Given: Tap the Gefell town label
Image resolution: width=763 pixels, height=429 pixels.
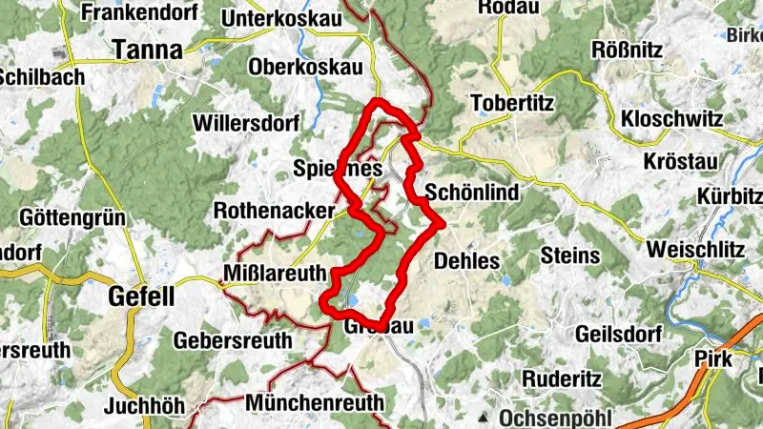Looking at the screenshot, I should tap(142, 296).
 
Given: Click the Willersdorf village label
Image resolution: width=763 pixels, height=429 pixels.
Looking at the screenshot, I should tap(246, 123).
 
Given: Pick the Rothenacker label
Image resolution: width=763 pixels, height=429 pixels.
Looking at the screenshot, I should tap(275, 209).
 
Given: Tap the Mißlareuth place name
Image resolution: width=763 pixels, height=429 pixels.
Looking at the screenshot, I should tap(276, 272).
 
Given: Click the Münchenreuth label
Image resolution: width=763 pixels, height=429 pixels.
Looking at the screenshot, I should tap(315, 401).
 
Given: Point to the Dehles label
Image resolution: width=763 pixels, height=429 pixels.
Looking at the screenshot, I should tap(466, 259).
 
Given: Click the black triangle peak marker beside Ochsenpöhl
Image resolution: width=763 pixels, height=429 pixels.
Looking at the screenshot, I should tap(485, 418).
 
